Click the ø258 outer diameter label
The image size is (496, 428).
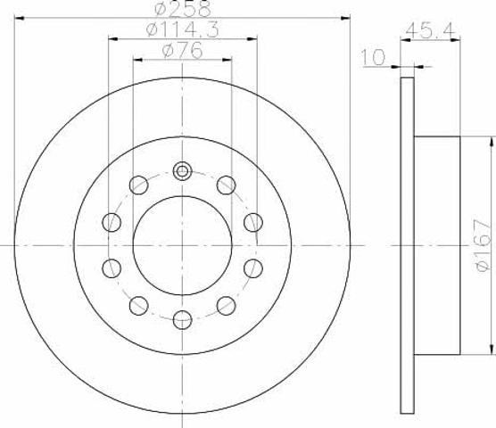click(x=183, y=8)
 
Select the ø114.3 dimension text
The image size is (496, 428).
click(x=182, y=30)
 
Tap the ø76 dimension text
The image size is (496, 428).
click(x=182, y=51)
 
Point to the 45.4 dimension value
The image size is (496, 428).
click(x=430, y=30)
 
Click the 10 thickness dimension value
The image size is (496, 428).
click(x=373, y=57)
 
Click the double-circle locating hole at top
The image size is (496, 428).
click(x=182, y=171)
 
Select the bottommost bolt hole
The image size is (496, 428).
click(x=183, y=319)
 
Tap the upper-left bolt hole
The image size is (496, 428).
click(x=139, y=185)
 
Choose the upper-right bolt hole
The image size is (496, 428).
click(x=227, y=185)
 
